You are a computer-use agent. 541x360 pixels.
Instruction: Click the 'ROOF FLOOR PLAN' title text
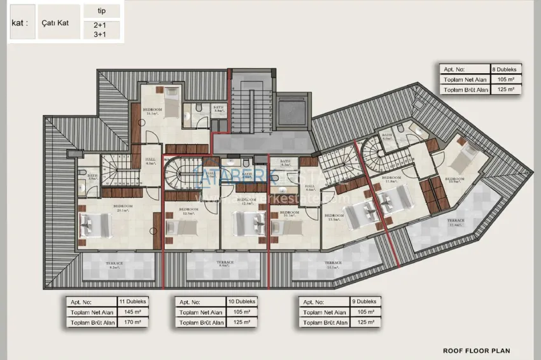pyautogui.click(x=476, y=350)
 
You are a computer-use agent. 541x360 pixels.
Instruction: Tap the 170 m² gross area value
pyautogui.click(x=132, y=322)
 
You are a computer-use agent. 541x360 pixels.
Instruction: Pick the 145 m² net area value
pyautogui.click(x=132, y=312)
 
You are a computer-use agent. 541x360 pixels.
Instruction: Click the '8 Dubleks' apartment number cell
pyautogui.click(x=507, y=69)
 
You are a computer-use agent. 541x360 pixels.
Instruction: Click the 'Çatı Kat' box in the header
pyautogui.click(x=59, y=22)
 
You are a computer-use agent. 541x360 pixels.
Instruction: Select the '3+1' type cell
pyautogui.click(x=101, y=34)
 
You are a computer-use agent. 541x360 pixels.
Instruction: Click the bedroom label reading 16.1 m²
pyautogui.click(x=152, y=112)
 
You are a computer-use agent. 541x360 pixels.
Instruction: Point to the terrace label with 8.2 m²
pyautogui.click(x=115, y=265)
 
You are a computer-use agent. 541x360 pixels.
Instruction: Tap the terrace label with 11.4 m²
pyautogui.click(x=455, y=223)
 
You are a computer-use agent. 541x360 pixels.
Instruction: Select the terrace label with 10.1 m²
pyautogui.click(x=333, y=265)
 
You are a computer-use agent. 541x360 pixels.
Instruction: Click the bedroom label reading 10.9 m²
pyautogui.click(x=454, y=181)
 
